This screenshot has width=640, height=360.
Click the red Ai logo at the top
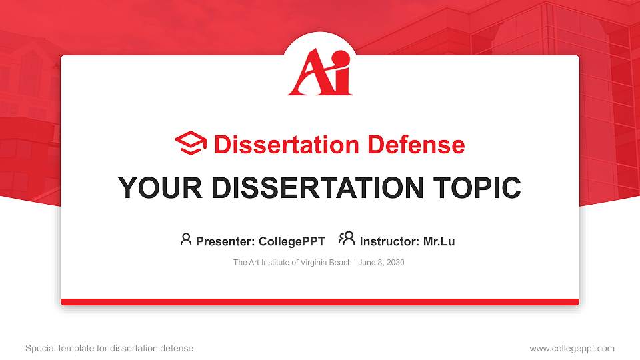(320, 73)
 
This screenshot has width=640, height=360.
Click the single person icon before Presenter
(186, 239)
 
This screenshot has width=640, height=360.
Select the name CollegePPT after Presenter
(291, 241)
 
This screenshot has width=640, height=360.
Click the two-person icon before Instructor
(347, 239)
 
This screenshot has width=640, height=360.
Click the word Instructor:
(389, 241)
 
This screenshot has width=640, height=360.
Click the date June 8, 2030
(381, 263)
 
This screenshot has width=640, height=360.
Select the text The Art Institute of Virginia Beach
(292, 263)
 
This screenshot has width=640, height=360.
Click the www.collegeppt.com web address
(572, 348)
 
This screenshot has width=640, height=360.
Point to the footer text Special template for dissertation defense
(109, 348)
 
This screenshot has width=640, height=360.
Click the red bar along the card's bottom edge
(320, 302)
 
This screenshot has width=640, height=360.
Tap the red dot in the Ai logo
(341, 59)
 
